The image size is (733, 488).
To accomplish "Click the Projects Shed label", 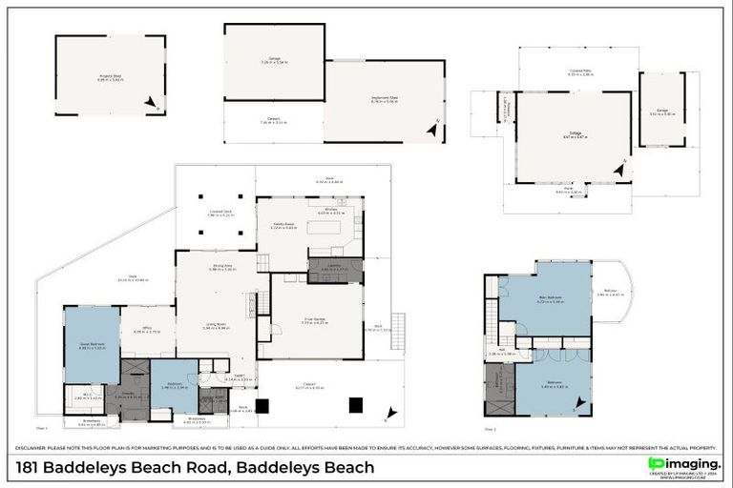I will coord(110,78).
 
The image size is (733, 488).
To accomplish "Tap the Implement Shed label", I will coord(384,98).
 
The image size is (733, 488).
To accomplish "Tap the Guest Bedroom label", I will coord(92,347).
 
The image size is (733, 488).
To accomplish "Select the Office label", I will coord(147,331).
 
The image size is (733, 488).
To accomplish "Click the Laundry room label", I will coord(334,269).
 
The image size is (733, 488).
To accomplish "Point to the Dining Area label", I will coord(215,268).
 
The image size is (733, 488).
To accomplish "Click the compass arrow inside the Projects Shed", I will coord(151,103).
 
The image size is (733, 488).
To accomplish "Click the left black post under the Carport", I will coord(262,405).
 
